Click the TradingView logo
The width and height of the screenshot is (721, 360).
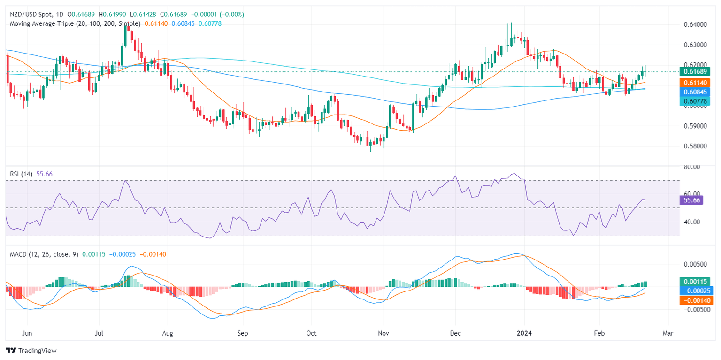[x=31, y=350]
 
